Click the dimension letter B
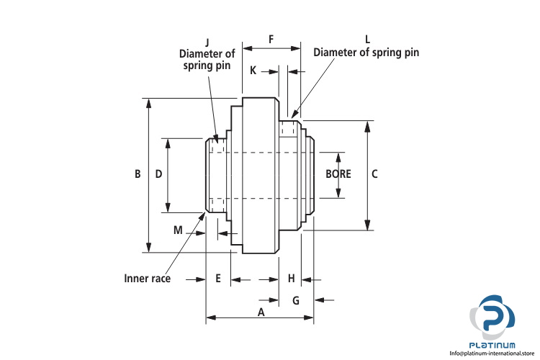(137, 174)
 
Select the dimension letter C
(374, 174)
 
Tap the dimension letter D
(158, 174)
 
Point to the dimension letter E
(218, 278)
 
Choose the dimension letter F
(271, 39)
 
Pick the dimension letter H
(291, 278)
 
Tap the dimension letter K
(253, 71)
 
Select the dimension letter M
(178, 230)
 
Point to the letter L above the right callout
(366, 39)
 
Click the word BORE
(338, 174)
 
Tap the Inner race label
(147, 278)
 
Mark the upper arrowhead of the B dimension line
(149, 102)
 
